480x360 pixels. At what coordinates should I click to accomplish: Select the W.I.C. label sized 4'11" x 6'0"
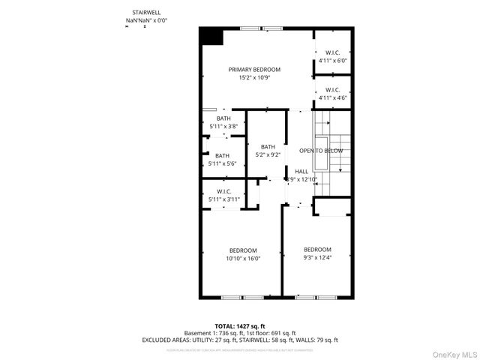tap(333, 52)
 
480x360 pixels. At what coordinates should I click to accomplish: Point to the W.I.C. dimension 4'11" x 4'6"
tap(333, 97)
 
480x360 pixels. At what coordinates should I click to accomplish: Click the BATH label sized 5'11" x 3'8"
tap(223, 118)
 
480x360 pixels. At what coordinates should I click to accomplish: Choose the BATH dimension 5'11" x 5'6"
tap(223, 163)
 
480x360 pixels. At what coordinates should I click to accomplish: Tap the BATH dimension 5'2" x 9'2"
tap(268, 154)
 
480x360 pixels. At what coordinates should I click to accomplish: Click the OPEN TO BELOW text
tap(321, 151)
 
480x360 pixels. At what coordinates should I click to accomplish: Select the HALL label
tap(301, 171)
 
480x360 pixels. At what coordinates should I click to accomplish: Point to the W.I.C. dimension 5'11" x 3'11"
tap(223, 199)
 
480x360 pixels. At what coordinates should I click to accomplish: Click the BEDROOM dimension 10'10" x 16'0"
tap(244, 258)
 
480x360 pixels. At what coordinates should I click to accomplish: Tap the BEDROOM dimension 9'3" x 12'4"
tap(317, 257)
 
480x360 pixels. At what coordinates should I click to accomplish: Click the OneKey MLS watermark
tap(453, 352)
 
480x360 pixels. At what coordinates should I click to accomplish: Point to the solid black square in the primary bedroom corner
tap(211, 37)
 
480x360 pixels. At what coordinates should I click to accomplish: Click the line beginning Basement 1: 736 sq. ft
tap(240, 332)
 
